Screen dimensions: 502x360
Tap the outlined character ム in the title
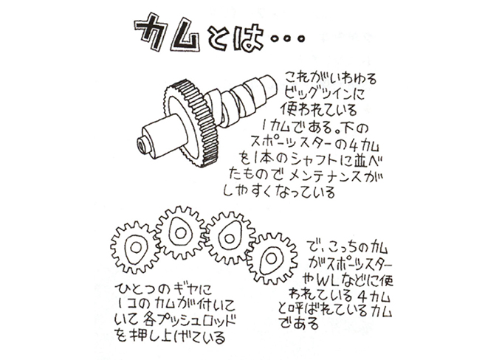click(186, 35)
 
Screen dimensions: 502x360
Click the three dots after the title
click(287, 38)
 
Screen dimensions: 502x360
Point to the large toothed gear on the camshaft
click(191, 123)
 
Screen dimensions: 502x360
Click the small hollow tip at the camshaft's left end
click(142, 145)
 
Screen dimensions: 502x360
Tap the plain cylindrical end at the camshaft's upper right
click(268, 86)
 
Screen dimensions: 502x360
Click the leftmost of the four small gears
click(135, 247)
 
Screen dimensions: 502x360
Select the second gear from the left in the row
click(180, 232)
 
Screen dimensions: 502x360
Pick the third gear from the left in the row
click(230, 238)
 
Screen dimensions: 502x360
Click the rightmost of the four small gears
click(272, 258)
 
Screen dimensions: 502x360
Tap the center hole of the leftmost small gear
click(136, 247)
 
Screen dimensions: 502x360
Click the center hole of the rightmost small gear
click(272, 257)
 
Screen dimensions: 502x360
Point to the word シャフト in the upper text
click(316, 160)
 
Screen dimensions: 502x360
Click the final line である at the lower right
click(299, 323)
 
